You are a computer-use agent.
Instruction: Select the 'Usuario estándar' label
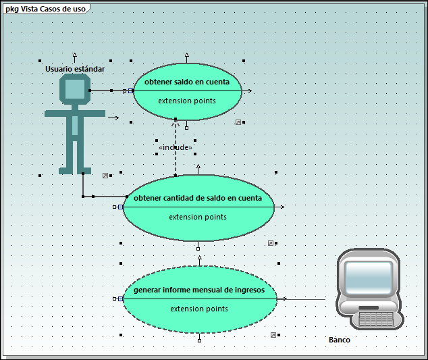(75, 69)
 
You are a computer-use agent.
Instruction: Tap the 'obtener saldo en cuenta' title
(187, 82)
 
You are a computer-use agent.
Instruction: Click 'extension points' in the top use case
(187, 101)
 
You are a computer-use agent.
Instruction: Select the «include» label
(176, 147)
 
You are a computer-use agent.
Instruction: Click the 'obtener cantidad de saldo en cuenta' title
(198, 198)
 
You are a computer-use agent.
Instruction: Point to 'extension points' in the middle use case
(198, 217)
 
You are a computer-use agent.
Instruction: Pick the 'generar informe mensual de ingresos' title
(200, 290)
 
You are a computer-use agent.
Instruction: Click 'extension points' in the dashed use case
(199, 309)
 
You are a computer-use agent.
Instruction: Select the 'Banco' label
(340, 340)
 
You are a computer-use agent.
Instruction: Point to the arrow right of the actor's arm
(113, 118)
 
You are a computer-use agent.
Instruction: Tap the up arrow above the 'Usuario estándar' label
(74, 55)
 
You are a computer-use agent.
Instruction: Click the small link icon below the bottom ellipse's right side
(273, 334)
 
